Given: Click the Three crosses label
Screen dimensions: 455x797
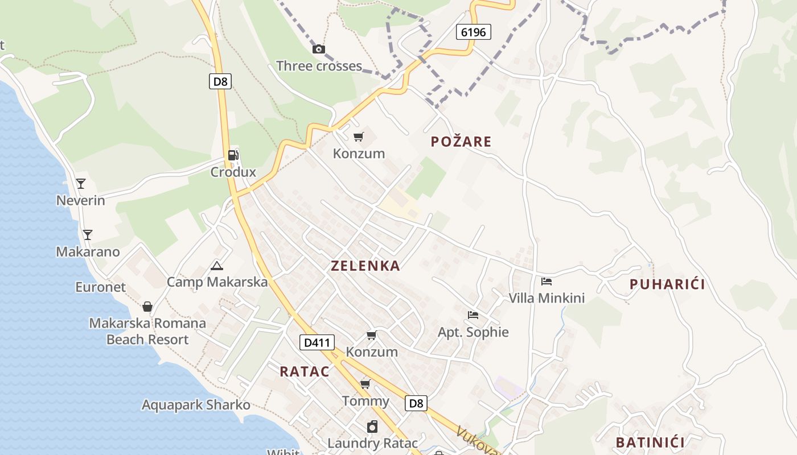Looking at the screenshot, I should tap(319, 66).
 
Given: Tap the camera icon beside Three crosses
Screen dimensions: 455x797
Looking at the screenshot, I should tap(319, 49).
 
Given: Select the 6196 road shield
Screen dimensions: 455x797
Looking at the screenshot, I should tap(473, 32).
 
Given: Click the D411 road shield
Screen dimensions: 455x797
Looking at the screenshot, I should tap(317, 342).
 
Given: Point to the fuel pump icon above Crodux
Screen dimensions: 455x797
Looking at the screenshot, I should tap(233, 155).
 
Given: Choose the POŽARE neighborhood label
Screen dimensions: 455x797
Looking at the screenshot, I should tap(461, 142).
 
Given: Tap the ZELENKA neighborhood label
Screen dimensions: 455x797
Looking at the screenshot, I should tap(365, 266).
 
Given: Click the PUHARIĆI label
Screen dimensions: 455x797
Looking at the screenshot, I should tap(667, 284).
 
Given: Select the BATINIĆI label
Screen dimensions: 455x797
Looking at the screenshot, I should tap(650, 442).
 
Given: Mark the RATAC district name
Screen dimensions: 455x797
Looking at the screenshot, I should tap(305, 371).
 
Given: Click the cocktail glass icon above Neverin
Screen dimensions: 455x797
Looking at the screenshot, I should tap(81, 183).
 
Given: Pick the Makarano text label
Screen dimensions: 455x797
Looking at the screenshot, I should tap(88, 252).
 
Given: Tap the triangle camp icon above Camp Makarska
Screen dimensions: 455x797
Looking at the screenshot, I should tap(216, 266).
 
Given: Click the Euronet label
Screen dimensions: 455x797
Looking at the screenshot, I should tap(100, 287).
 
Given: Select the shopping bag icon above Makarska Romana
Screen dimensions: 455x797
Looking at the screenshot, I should tap(147, 307).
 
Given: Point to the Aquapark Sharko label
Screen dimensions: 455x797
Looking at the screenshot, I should tap(196, 405).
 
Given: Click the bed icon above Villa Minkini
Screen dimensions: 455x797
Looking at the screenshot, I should tap(547, 281).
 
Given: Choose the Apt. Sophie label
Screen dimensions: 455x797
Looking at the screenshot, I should tap(473, 332).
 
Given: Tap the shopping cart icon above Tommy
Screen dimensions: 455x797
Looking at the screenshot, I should tap(365, 384).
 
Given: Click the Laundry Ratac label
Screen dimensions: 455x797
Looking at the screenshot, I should tap(372, 443).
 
